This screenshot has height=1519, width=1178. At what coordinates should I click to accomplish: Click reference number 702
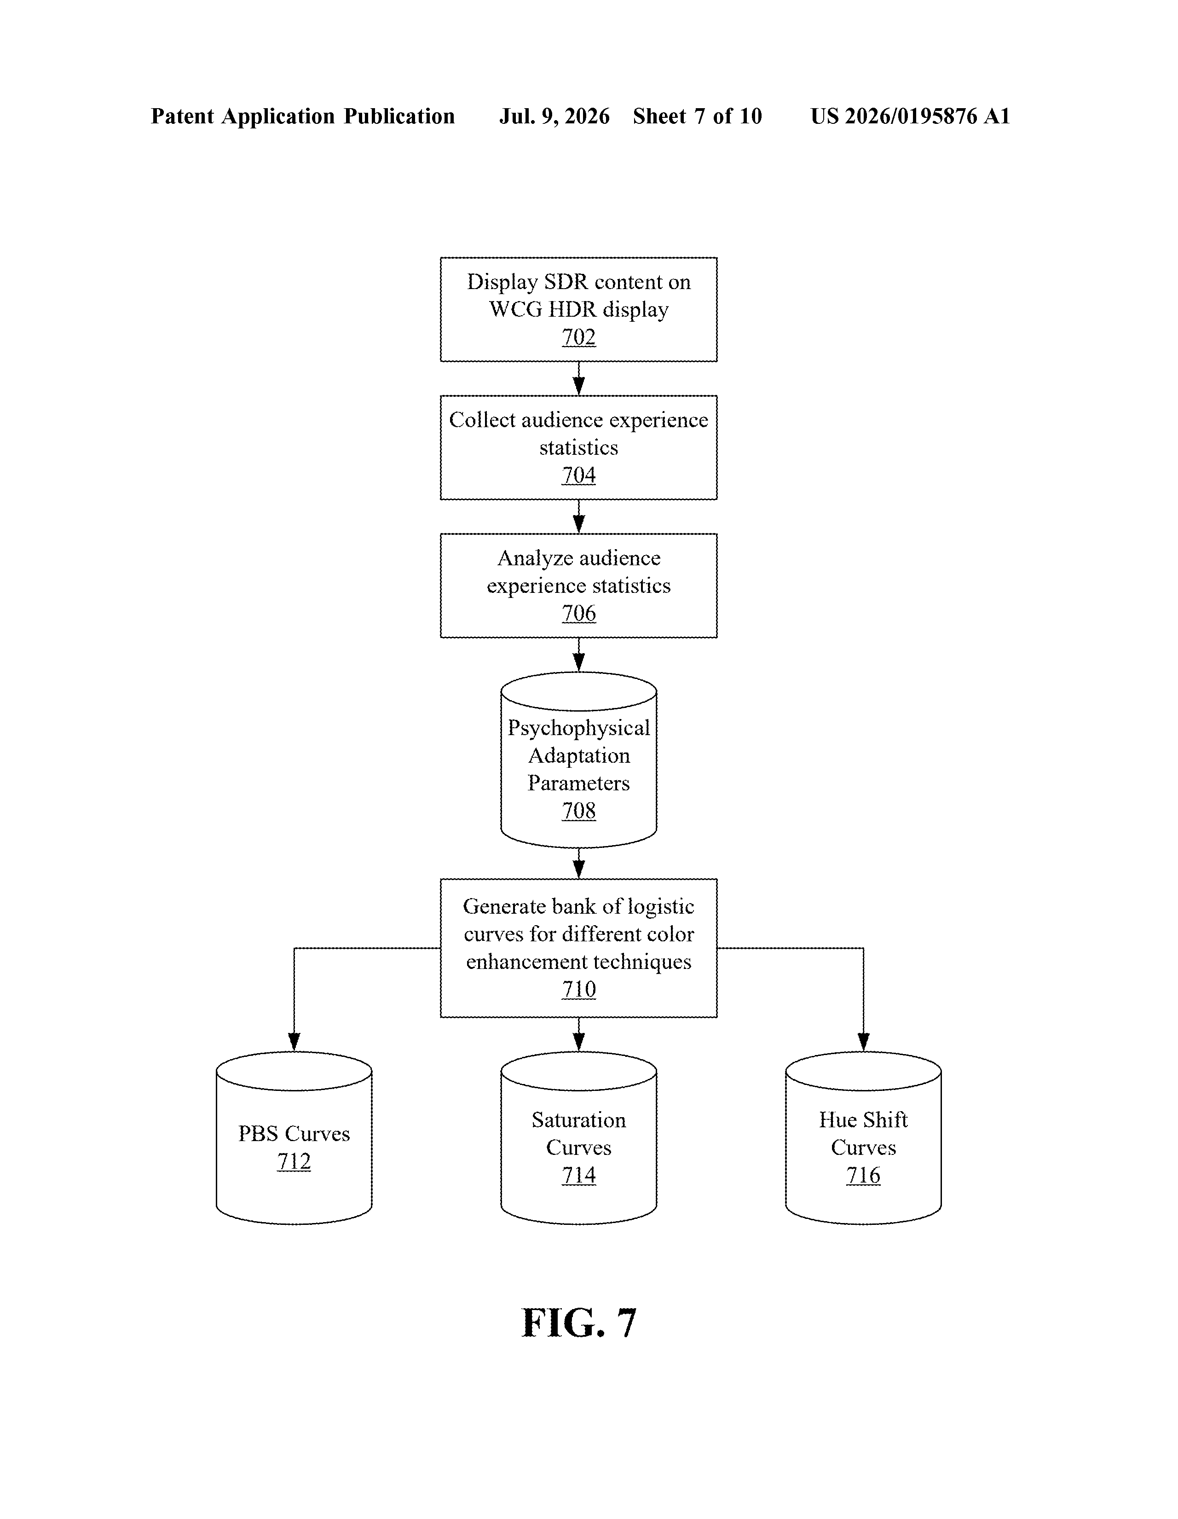pos(578,337)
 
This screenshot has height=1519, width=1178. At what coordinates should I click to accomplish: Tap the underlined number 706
pos(578,614)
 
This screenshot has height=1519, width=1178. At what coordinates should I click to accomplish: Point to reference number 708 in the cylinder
pos(578,811)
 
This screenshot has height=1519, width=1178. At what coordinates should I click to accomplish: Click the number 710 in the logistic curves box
pos(578,990)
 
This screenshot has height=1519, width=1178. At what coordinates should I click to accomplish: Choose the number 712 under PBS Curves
pos(294,1161)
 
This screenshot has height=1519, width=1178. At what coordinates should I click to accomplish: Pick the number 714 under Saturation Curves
pos(578,1176)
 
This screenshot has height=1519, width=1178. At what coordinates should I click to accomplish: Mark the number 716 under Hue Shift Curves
pos(863,1176)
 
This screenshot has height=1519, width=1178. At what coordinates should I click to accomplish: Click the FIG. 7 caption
pos(578,1323)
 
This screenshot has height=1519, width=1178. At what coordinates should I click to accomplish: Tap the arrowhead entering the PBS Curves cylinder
pos(294,1042)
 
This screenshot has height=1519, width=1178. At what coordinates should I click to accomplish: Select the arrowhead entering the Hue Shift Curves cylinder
pos(864,1042)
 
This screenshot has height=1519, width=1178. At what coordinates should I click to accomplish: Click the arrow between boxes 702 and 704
pos(578,378)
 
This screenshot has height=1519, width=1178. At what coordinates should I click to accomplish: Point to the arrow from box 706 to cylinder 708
pos(578,655)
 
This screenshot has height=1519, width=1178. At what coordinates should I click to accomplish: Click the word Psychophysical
pos(578,728)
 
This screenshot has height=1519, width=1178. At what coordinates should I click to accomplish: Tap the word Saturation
pos(578,1120)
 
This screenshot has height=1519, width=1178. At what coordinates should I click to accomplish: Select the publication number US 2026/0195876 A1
pos(910,116)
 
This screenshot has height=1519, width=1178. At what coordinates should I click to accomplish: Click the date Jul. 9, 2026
pos(554,116)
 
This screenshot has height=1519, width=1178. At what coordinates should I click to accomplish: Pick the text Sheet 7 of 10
pos(698,116)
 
